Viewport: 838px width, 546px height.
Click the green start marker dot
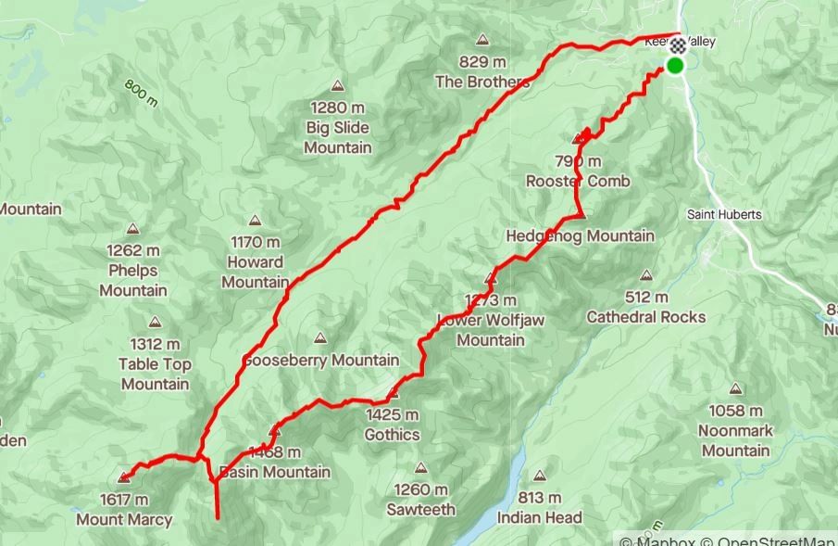[x=675, y=65]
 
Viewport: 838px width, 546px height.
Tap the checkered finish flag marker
[x=678, y=45]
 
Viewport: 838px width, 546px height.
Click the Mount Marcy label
[x=124, y=520]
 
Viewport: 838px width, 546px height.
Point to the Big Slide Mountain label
[x=338, y=137]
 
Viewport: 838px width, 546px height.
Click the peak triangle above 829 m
[x=482, y=40]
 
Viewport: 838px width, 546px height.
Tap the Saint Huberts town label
[x=724, y=214]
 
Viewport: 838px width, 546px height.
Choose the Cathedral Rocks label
[x=646, y=317]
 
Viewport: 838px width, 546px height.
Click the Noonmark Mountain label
[x=736, y=440]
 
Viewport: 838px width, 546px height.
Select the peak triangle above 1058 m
[x=736, y=389]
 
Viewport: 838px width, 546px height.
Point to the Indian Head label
[x=540, y=517]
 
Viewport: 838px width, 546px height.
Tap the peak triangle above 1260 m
[x=421, y=468]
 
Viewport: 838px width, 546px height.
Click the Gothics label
[x=392, y=435]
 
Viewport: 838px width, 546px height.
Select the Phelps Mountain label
[x=133, y=280]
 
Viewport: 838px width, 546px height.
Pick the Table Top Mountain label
[x=155, y=375]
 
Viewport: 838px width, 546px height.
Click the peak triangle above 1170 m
[x=255, y=221]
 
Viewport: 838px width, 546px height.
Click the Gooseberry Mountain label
[x=320, y=360]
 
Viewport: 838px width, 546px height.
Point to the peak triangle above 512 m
[x=646, y=275]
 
